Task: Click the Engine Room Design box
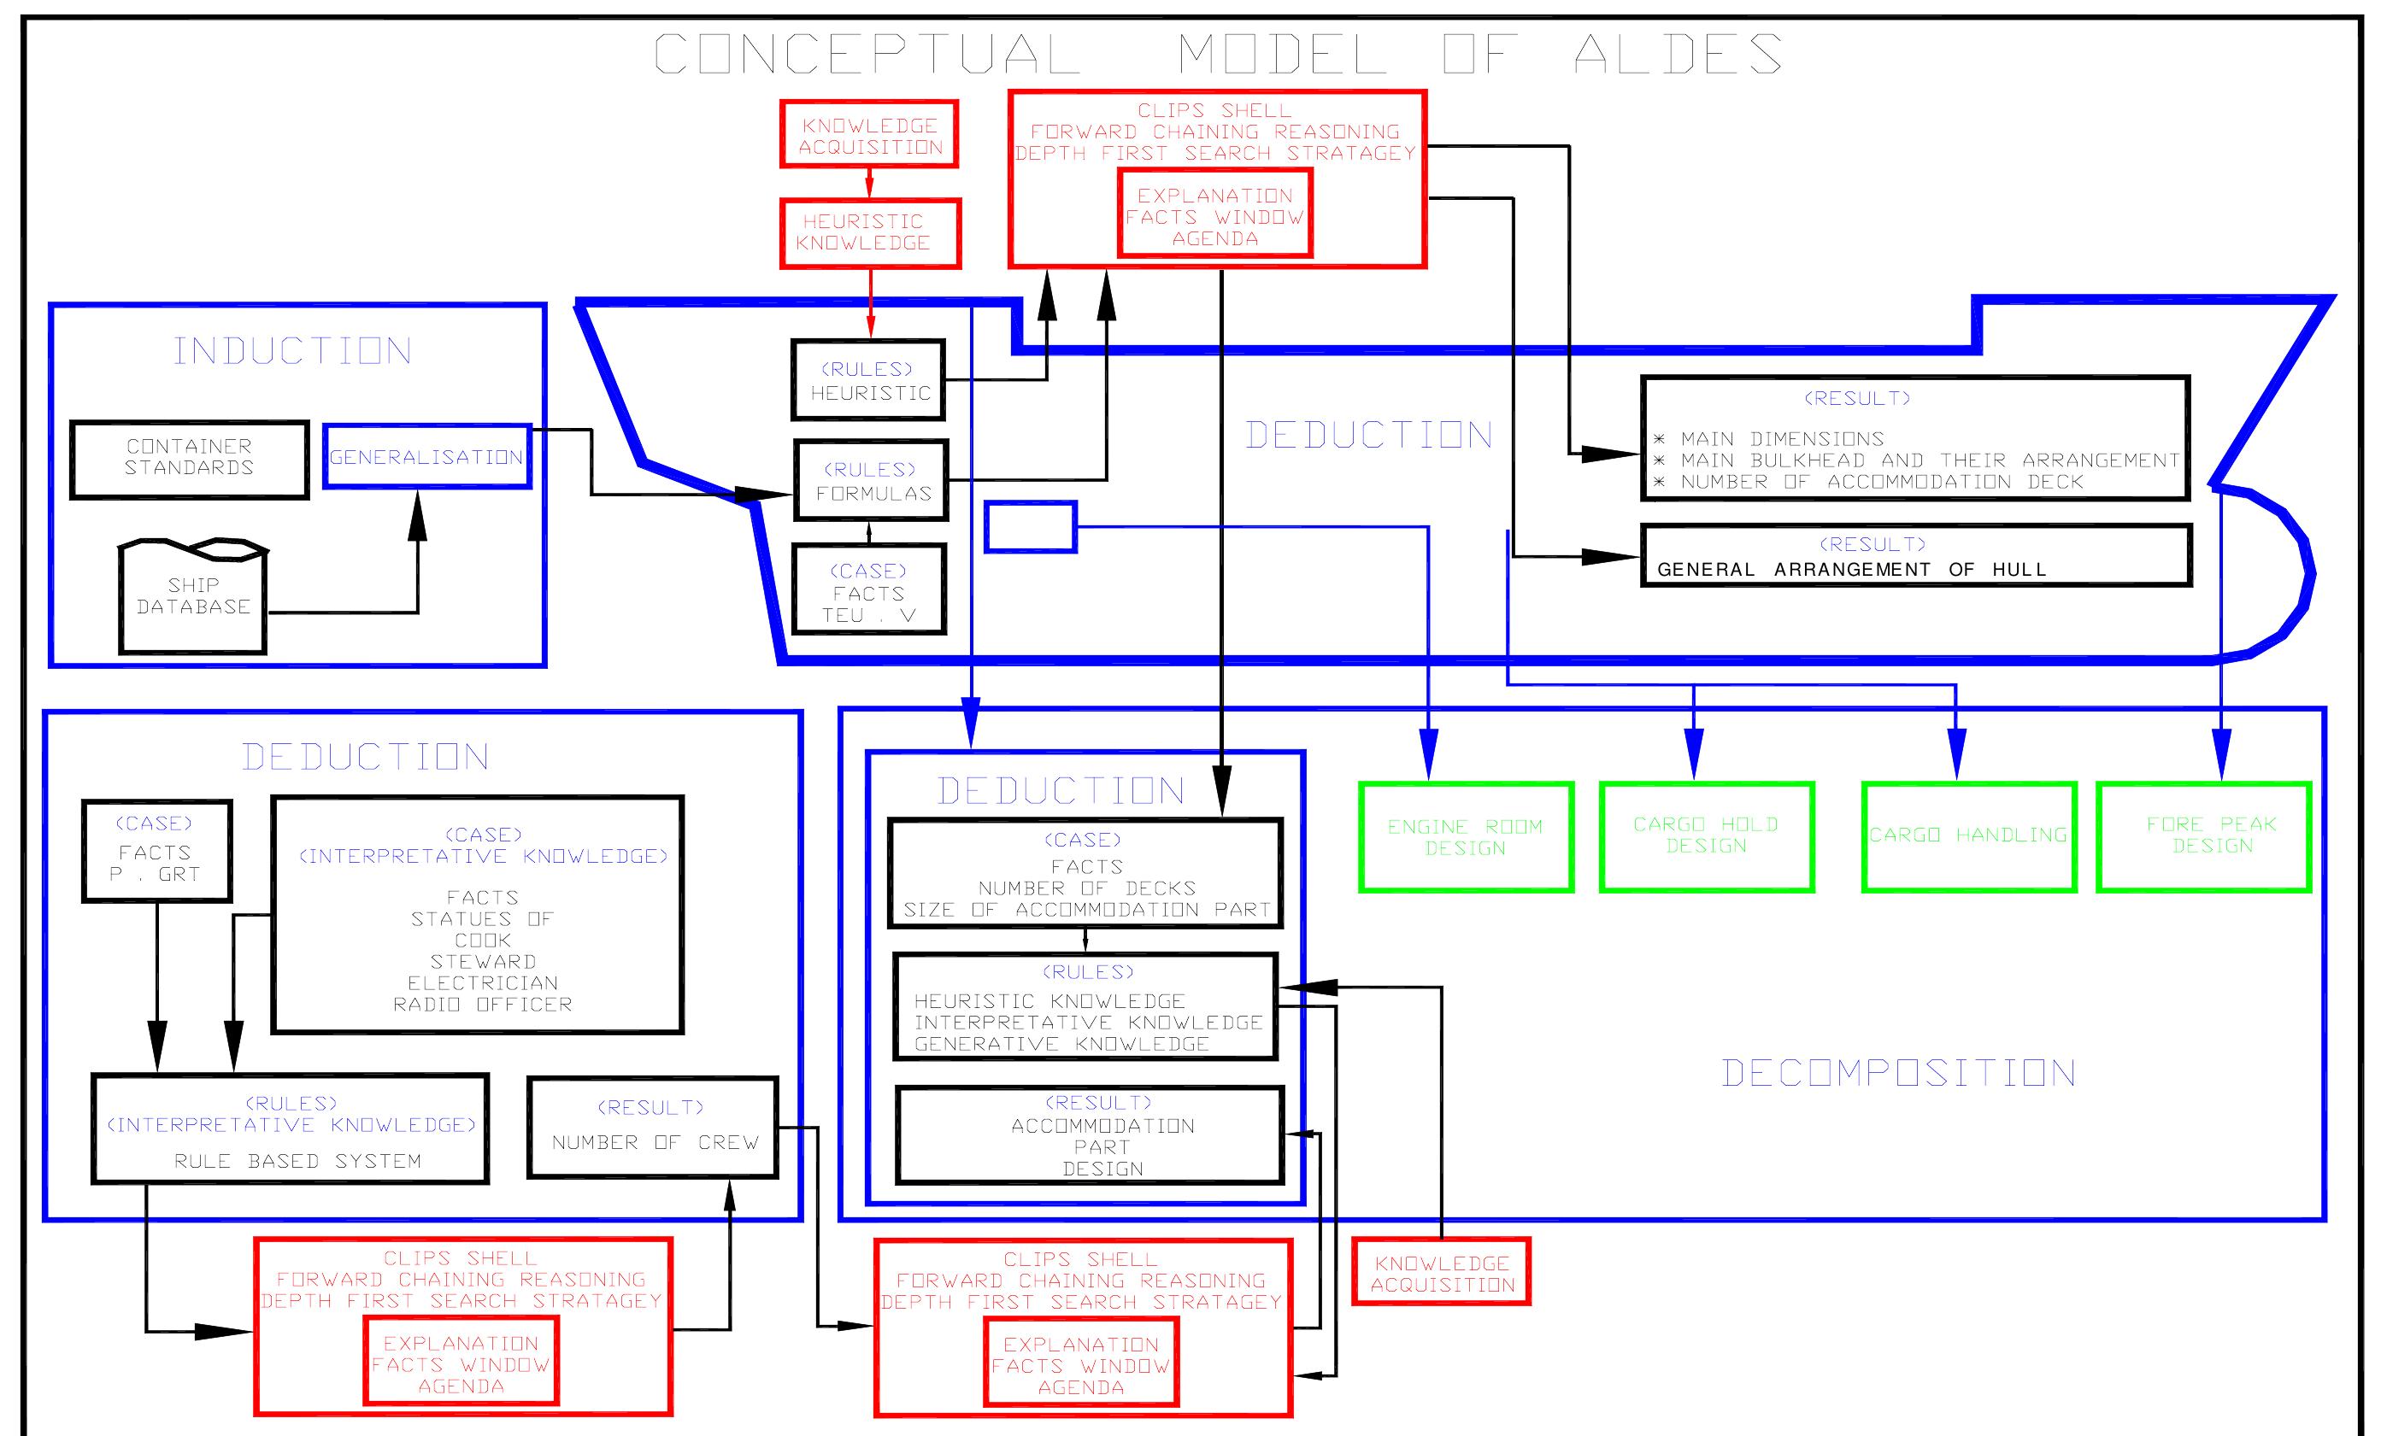pyautogui.click(x=1466, y=837)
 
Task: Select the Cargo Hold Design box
pyautogui.click(x=1706, y=836)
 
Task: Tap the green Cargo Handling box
pyautogui.click(x=1968, y=836)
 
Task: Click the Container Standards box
pyautogui.click(x=190, y=459)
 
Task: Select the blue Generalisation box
pyautogui.click(x=426, y=457)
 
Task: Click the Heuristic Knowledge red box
pyautogui.click(x=869, y=233)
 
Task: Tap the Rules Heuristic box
pyautogui.click(x=868, y=380)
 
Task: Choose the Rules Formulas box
pyautogui.click(x=870, y=481)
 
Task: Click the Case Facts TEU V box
pyautogui.click(x=868, y=589)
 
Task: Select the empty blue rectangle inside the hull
pyautogui.click(x=1030, y=527)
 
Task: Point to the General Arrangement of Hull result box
pyautogui.click(x=1915, y=556)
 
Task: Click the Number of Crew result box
pyautogui.click(x=654, y=1128)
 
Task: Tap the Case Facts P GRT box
pyautogui.click(x=156, y=851)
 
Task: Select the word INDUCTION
pyautogui.click(x=292, y=351)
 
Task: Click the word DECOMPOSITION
pyautogui.click(x=1898, y=1073)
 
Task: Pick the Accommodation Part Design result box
pyautogui.click(x=1090, y=1136)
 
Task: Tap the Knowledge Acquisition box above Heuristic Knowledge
pyautogui.click(x=869, y=134)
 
